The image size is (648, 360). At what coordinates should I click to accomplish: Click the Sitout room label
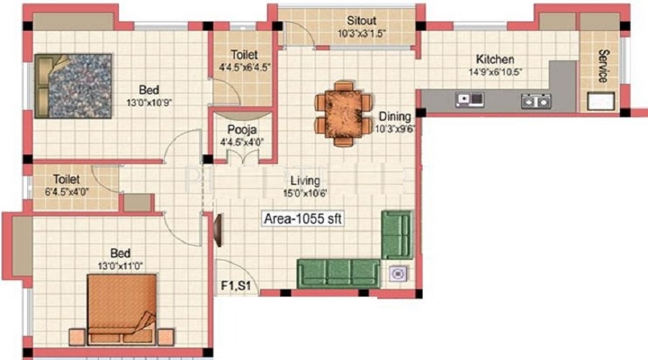click(x=361, y=20)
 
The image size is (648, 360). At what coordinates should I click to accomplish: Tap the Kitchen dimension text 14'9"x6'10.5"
click(x=495, y=72)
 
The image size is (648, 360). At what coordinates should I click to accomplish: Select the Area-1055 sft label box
click(x=303, y=218)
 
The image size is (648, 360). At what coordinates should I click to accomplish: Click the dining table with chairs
click(x=343, y=114)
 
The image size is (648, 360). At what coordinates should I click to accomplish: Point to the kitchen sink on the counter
click(x=469, y=99)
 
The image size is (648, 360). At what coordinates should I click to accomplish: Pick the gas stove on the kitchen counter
click(x=536, y=101)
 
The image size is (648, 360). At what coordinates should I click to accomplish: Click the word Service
click(x=603, y=66)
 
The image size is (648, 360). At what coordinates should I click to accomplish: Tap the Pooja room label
click(x=242, y=130)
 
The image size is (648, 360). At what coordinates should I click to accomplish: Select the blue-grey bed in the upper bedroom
click(x=73, y=86)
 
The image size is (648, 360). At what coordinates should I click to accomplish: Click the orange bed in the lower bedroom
click(x=122, y=309)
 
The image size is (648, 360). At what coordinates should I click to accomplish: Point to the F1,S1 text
click(x=235, y=286)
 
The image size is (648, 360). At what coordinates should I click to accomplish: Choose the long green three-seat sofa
click(x=338, y=273)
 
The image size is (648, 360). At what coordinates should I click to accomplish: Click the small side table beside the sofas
click(x=398, y=274)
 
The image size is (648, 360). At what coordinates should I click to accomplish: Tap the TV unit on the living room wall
click(x=217, y=230)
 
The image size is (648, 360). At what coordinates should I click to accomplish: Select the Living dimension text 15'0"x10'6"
click(x=305, y=193)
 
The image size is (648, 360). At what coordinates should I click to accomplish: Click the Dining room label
click(x=395, y=116)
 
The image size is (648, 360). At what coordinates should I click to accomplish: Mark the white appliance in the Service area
click(x=601, y=102)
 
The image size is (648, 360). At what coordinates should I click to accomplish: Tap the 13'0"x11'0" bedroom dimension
click(x=120, y=266)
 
